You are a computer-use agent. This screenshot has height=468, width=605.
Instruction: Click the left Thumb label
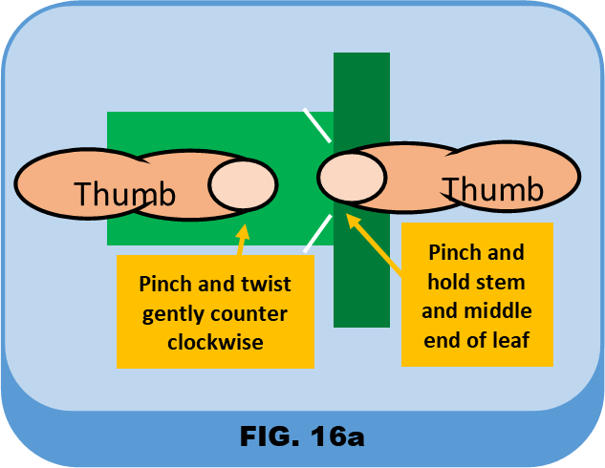click(x=125, y=194)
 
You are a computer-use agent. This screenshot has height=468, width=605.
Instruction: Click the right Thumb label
click(x=492, y=189)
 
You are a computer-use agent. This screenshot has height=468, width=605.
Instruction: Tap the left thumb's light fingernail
click(x=242, y=185)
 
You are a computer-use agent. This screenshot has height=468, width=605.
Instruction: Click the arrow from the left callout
click(x=240, y=240)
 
